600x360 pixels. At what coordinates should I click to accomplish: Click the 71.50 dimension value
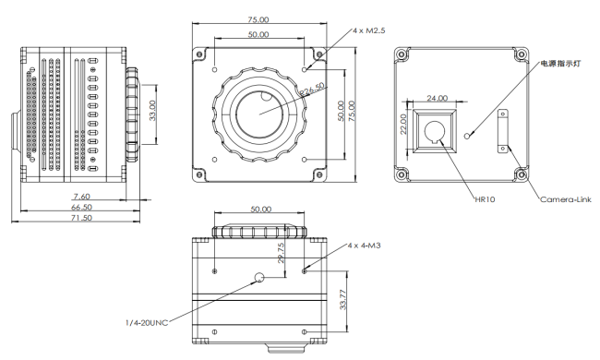81,218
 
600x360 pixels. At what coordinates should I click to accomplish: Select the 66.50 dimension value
81,207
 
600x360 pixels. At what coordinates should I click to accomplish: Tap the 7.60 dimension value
81,197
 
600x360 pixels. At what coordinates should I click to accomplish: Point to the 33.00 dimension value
152,111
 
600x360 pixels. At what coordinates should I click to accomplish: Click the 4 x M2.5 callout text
368,30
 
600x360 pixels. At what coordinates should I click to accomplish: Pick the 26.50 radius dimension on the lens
312,90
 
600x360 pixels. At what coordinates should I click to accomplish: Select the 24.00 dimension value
437,99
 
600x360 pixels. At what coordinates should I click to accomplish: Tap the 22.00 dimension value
403,125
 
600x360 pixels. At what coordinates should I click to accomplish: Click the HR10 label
485,199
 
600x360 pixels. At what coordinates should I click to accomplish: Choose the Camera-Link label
566,199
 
